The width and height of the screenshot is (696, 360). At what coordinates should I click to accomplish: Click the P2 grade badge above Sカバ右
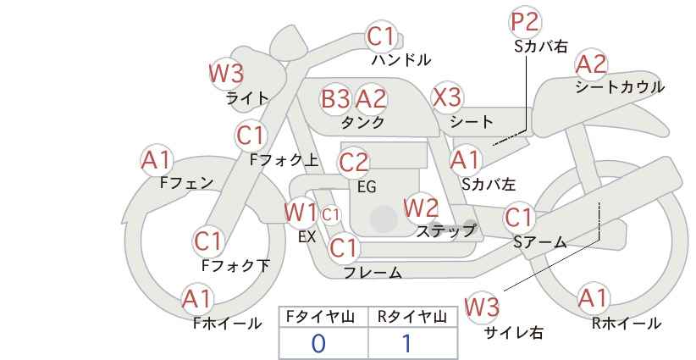coord(526,22)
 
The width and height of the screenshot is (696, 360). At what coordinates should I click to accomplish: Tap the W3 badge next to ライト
coord(226,73)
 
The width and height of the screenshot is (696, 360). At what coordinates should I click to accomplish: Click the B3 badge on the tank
coord(335,99)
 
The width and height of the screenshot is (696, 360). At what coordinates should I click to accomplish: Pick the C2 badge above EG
coord(354,162)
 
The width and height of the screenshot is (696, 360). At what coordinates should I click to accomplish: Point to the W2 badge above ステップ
coord(421,207)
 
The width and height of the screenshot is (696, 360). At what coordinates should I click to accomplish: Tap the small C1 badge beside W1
coord(330,214)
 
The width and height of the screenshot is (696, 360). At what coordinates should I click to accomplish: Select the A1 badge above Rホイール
coord(593,298)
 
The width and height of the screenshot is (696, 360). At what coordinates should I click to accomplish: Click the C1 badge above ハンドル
coord(381,36)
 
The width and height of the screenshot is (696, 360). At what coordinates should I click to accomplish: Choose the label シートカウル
coord(620,86)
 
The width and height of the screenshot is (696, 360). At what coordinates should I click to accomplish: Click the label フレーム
coord(373,273)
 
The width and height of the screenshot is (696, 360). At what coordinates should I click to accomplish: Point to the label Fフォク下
coord(235,265)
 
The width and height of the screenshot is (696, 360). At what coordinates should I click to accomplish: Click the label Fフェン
coord(186,182)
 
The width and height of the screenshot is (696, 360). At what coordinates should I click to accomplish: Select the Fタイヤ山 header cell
coord(323,317)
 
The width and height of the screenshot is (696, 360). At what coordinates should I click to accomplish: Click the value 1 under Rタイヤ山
coord(406,343)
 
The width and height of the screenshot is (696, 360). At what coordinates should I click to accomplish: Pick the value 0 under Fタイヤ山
coord(318,343)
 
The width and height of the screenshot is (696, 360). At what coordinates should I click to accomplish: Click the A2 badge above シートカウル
coord(591,64)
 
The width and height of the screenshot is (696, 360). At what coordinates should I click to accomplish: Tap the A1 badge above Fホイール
coord(197,298)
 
